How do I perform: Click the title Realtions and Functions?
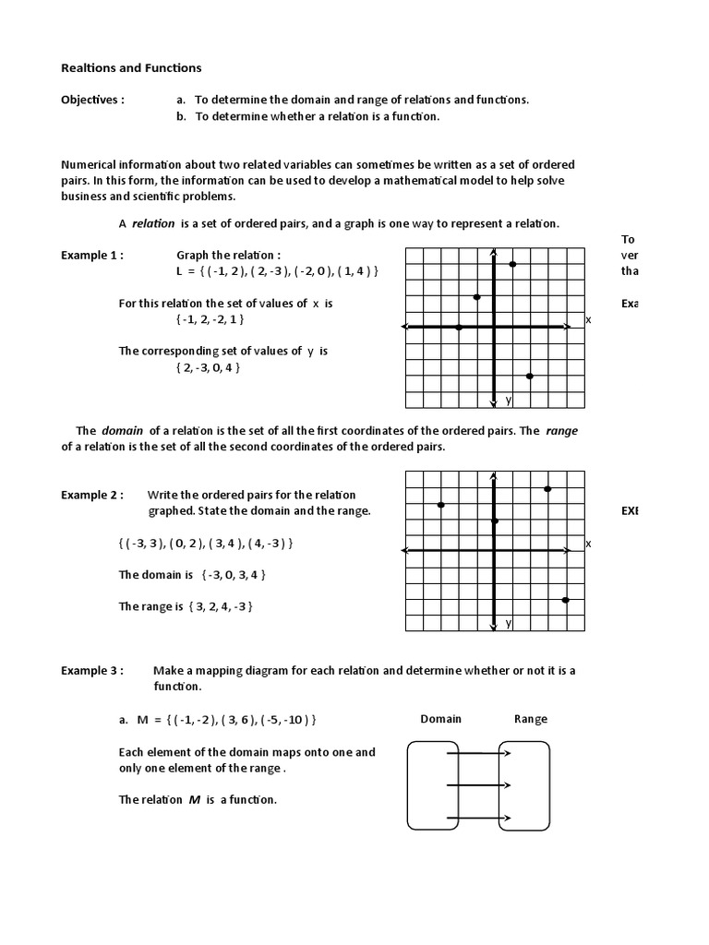[131, 67]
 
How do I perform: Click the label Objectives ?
[92, 100]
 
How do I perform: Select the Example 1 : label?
[92, 256]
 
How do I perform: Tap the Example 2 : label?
[92, 495]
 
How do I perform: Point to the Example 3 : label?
[92, 671]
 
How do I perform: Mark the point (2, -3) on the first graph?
[530, 376]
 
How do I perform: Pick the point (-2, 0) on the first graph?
[459, 327]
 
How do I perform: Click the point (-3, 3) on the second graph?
[441, 505]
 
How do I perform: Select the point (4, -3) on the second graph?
[565, 600]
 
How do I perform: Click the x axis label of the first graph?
[588, 319]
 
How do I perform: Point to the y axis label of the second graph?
[508, 624]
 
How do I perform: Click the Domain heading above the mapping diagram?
[441, 719]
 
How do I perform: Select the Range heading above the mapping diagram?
[531, 719]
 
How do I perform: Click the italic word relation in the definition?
[153, 223]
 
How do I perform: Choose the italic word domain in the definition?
[122, 430]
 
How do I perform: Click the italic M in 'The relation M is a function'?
[195, 800]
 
